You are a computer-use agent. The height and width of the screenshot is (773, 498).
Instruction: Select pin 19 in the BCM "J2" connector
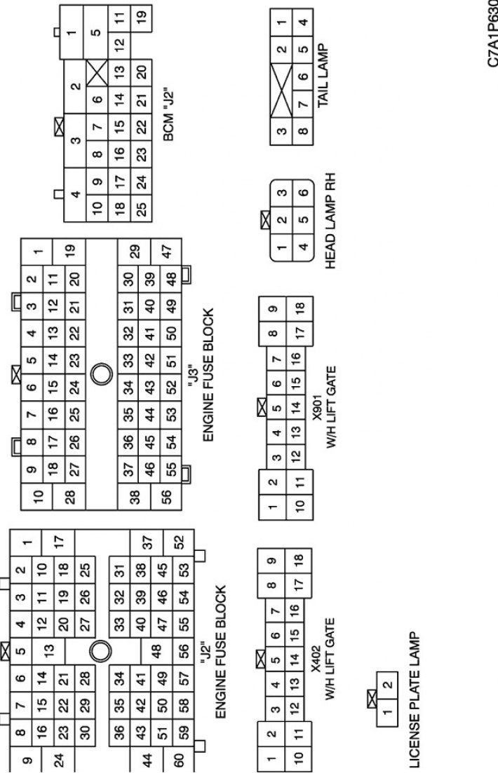point(142,15)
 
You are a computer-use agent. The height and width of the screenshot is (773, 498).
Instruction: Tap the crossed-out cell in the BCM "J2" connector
point(97,73)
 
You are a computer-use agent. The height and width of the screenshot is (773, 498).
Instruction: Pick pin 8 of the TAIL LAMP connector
point(302,131)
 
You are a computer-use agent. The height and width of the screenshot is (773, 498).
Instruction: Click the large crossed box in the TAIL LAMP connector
point(281,90)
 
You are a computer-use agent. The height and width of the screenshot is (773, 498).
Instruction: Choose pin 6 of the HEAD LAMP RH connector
point(303,192)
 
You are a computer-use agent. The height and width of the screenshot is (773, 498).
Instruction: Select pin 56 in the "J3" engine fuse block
point(166,495)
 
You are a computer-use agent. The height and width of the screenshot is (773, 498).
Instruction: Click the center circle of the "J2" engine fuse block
point(100,652)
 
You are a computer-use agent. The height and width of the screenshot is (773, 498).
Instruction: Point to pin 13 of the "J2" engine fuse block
point(48,652)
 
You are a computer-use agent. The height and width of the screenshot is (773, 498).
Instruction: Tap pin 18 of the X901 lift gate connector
point(300,308)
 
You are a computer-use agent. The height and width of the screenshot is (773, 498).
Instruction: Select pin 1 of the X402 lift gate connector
point(271,760)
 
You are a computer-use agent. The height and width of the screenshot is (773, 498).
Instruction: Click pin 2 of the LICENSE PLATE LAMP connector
point(388,685)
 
